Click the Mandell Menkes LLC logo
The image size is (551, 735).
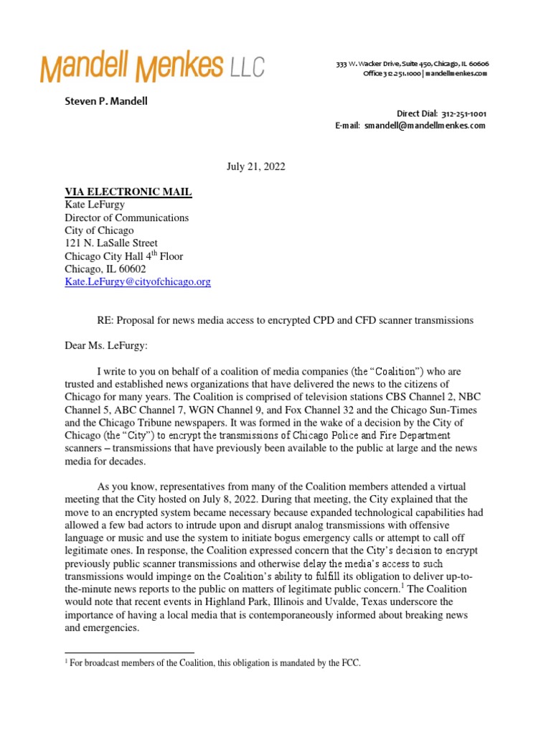152,67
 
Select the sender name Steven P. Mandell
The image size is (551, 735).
106,101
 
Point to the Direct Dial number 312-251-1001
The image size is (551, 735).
463,114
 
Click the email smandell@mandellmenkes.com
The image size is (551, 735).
424,125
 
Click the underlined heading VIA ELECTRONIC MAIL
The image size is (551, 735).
128,192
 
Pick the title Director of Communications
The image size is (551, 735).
127,217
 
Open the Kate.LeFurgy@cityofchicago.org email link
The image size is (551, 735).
138,282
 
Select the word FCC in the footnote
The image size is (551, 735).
351,664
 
